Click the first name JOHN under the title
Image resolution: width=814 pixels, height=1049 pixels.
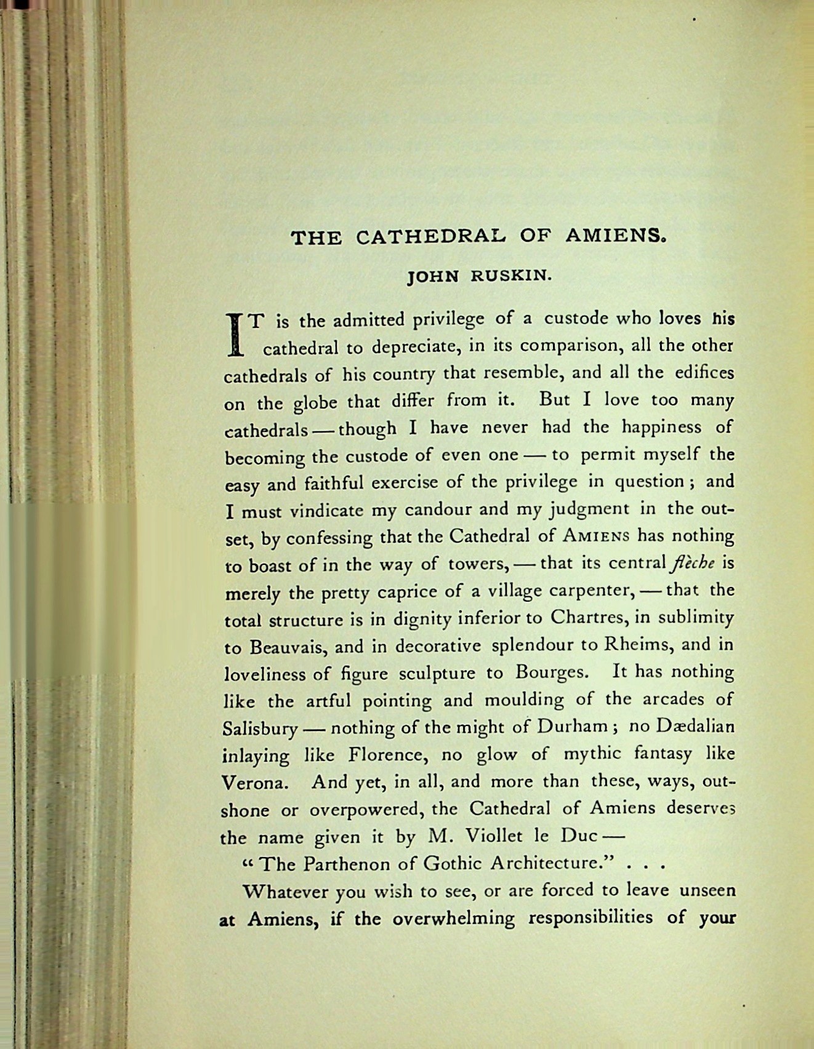[x=434, y=276]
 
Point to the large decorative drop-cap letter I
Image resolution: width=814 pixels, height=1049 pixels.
[x=234, y=335]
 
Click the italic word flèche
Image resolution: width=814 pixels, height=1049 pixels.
[x=693, y=564]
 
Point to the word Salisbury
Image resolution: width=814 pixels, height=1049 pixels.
[x=259, y=729]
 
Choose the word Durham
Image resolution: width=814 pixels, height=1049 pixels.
[x=572, y=727]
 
